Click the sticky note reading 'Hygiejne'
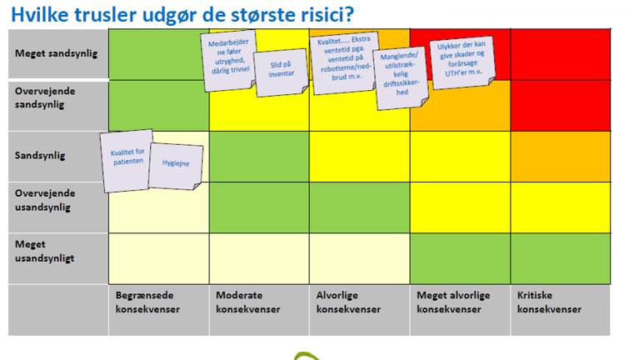tap(176, 166)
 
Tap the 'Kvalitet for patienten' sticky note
tap(127, 160)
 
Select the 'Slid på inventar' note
tap(282, 72)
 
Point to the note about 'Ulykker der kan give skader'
tap(462, 62)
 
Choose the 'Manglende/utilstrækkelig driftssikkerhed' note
tap(401, 78)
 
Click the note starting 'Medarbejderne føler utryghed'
tap(229, 60)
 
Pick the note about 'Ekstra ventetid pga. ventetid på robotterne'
tap(345, 62)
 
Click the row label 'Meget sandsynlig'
tap(56, 53)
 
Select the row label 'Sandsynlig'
tap(40, 155)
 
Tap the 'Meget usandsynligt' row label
tap(44, 251)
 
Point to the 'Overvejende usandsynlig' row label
tap(45, 200)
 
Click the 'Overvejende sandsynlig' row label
tap(45, 97)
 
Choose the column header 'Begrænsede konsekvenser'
tap(147, 302)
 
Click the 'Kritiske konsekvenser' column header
tap(549, 302)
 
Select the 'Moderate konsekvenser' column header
tap(248, 302)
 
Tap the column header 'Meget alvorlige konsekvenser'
tap(453, 302)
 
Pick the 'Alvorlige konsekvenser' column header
tap(348, 302)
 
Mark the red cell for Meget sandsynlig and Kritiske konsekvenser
tap(561, 54)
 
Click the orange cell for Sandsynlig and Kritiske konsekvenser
tap(561, 157)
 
